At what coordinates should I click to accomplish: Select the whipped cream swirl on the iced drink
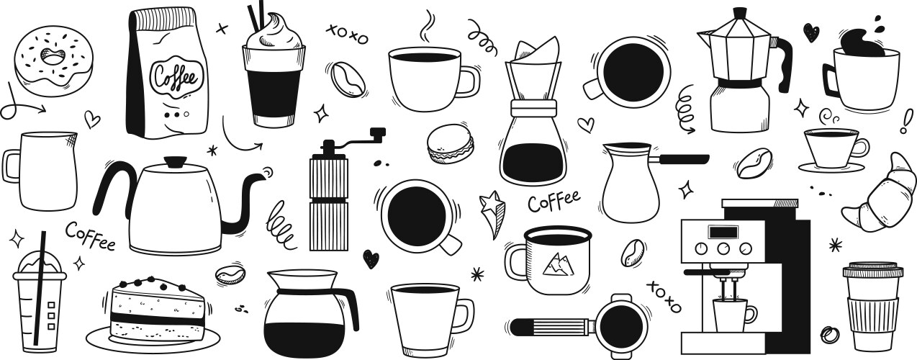(274, 30)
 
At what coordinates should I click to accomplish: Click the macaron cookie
(451, 144)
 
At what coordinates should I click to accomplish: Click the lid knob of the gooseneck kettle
(175, 161)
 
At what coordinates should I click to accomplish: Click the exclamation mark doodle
(906, 120)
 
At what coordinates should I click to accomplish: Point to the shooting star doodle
(492, 213)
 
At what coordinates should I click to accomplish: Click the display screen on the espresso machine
(723, 233)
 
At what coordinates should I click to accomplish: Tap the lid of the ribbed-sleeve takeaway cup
(872, 270)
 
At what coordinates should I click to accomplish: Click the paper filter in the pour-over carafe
(536, 50)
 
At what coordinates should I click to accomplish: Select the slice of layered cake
(157, 308)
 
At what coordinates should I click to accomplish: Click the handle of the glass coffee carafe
(349, 307)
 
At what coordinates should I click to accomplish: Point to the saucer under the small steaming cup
(831, 167)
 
